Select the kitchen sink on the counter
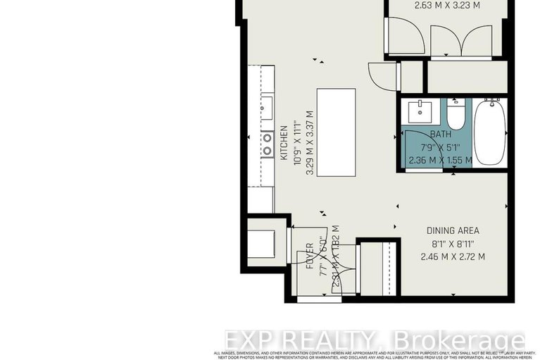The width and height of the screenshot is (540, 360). (x=268, y=108)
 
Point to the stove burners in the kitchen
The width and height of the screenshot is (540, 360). (x=268, y=144)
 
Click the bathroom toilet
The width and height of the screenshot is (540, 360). (x=456, y=114)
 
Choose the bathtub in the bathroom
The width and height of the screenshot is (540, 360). (x=488, y=131)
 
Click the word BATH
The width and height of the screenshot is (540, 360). (x=441, y=135)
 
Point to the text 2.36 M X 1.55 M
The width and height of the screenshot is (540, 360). (x=441, y=160)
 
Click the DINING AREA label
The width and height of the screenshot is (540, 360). (x=453, y=230)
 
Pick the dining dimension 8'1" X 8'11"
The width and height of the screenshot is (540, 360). (x=453, y=244)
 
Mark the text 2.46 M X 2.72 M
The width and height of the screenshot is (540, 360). (x=453, y=256)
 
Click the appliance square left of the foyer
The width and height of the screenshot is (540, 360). (x=263, y=241)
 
